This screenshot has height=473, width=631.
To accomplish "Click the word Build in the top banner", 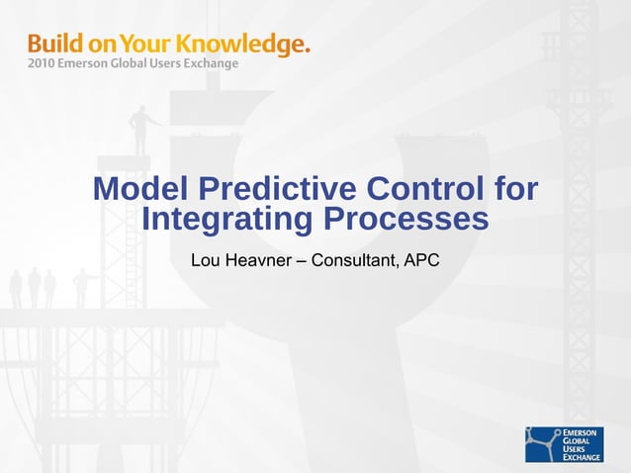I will [53, 44].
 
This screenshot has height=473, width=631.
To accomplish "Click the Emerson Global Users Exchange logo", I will [565, 443].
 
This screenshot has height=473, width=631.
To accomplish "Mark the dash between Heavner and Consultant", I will [302, 261].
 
